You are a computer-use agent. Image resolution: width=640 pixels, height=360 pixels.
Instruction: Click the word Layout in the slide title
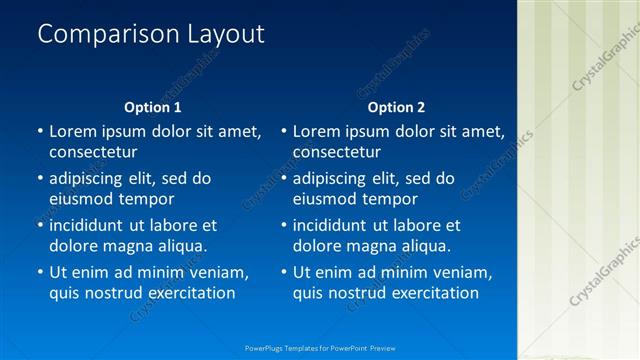[x=226, y=34]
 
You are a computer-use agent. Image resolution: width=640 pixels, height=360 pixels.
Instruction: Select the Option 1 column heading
[x=153, y=107]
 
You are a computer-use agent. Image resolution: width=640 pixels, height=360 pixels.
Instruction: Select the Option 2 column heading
[x=396, y=107]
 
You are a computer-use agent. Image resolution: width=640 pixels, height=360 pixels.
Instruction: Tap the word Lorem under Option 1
[x=72, y=131]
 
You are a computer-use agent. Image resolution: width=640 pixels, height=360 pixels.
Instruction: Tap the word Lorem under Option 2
[x=316, y=131]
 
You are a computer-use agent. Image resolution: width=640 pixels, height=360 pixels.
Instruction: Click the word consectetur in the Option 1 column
[x=93, y=152]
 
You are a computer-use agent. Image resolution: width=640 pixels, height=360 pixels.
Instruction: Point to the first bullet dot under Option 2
[x=284, y=131]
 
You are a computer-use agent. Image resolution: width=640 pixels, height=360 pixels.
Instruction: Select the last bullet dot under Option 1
[x=40, y=272]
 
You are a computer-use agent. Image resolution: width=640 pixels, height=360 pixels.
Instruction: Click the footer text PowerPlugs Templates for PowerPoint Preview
[x=320, y=348]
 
